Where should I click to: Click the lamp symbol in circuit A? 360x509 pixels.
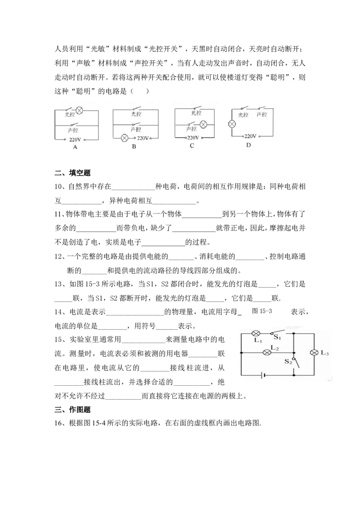[79, 111]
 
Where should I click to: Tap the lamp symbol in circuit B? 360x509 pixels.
[124, 138]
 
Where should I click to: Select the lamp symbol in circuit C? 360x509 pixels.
[203, 125]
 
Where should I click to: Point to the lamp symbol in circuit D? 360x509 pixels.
[232, 124]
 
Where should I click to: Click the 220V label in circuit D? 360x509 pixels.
[250, 136]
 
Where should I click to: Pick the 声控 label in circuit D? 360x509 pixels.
[261, 115]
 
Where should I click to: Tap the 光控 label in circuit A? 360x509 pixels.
[70, 114]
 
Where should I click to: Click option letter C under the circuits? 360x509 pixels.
[192, 146]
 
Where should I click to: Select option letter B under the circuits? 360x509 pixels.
[134, 147]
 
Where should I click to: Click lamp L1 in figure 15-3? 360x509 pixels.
[256, 333]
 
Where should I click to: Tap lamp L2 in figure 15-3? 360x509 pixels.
[267, 353]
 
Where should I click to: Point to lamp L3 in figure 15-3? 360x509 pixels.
[314, 353]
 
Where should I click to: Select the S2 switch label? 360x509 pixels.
[288, 362]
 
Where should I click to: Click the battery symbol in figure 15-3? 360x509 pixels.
[263, 375]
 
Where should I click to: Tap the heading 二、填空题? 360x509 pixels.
[72, 173]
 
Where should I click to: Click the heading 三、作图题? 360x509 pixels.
[72, 410]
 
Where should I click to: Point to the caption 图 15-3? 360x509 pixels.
[262, 311]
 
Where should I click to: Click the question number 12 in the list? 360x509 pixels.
[58, 256]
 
